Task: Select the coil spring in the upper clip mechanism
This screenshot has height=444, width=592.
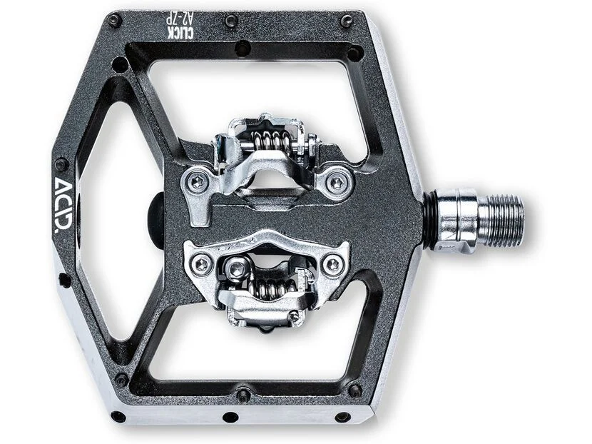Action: [271, 141]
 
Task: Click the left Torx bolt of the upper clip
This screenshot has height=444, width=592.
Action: [198, 183]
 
